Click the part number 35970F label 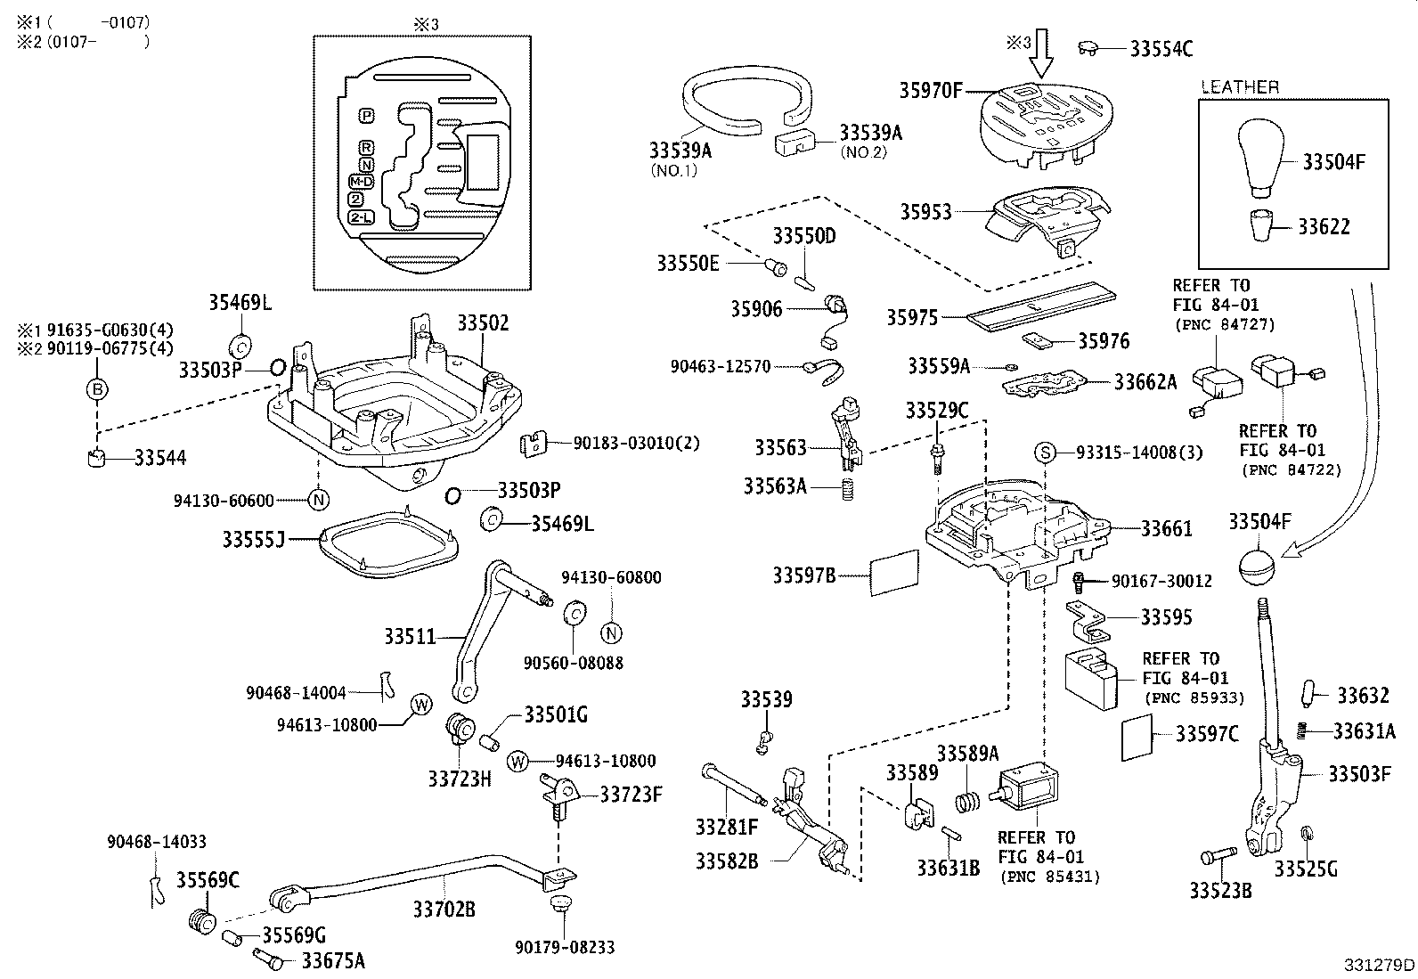click(x=930, y=90)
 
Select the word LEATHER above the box click(x=1239, y=87)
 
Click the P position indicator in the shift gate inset click(x=366, y=116)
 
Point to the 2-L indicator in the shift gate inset click(x=363, y=217)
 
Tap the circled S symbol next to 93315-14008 click(x=1045, y=453)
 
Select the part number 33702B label click(x=444, y=909)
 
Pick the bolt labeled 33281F click(x=731, y=781)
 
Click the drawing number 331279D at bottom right click(x=1379, y=965)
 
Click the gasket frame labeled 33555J click(x=386, y=542)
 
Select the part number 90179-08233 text click(x=564, y=948)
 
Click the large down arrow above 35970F click(x=1039, y=54)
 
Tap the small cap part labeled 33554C click(x=1089, y=47)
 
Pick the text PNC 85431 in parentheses click(x=1049, y=877)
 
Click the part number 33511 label click(x=411, y=636)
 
